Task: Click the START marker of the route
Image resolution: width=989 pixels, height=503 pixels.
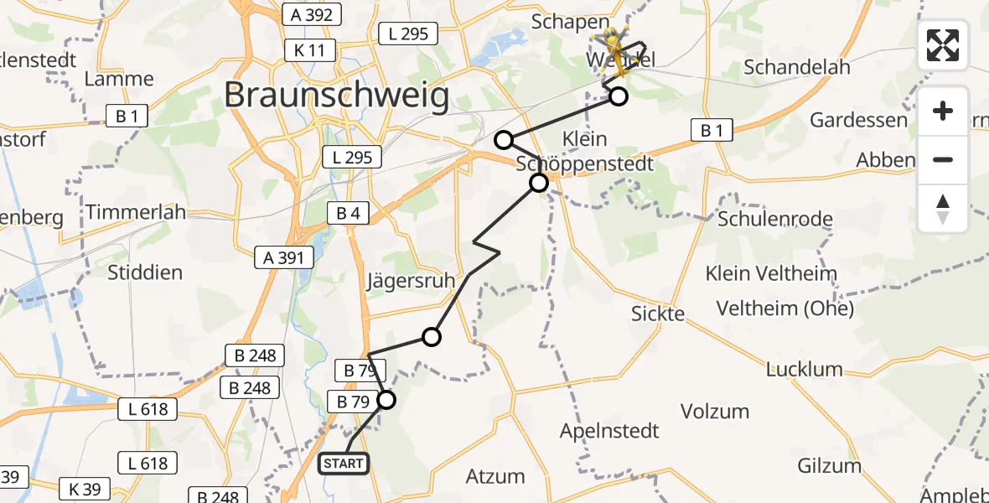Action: [344, 464]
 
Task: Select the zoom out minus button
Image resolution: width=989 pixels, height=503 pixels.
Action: [943, 159]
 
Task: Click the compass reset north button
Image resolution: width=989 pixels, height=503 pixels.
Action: [943, 208]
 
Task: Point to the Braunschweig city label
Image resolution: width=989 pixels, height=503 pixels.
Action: [337, 96]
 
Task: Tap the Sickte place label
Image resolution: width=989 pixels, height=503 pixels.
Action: [658, 314]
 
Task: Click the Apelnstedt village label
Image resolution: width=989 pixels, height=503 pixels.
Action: [610, 431]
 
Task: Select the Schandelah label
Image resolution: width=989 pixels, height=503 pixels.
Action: [797, 67]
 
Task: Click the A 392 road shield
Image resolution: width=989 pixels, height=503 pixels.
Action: [313, 14]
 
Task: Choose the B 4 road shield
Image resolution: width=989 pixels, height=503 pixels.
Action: [348, 214]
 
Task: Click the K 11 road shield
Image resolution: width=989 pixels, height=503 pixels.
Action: [309, 50]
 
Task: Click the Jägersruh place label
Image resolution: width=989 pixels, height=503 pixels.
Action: [410, 280]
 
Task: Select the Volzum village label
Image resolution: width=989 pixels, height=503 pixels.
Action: [714, 411]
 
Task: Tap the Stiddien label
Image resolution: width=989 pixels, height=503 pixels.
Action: [145, 272]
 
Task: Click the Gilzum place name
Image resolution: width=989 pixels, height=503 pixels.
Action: [830, 466]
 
